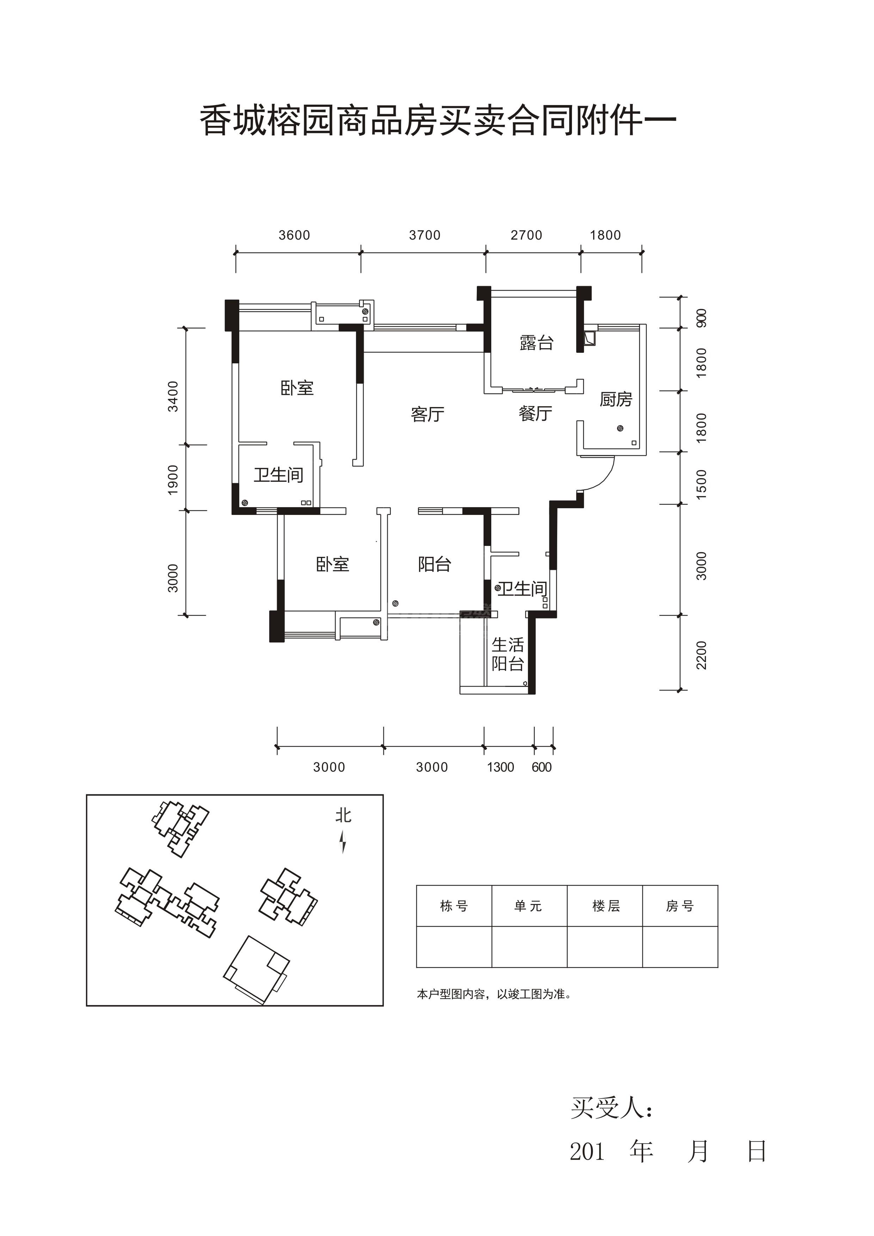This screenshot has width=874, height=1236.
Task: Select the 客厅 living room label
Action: click(427, 414)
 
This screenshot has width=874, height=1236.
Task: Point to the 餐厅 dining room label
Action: click(535, 413)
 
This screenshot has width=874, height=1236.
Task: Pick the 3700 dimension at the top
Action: click(425, 235)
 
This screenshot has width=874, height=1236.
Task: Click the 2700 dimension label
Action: click(526, 235)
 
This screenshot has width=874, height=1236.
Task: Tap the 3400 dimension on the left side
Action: click(173, 396)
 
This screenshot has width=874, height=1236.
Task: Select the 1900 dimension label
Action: click(173, 480)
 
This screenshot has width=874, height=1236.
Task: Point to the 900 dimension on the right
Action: click(702, 318)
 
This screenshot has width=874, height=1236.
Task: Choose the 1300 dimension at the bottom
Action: click(500, 767)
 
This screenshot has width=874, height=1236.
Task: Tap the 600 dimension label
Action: click(541, 767)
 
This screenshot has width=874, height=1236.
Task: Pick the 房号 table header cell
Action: click(680, 906)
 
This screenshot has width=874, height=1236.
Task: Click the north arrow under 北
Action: click(343, 841)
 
